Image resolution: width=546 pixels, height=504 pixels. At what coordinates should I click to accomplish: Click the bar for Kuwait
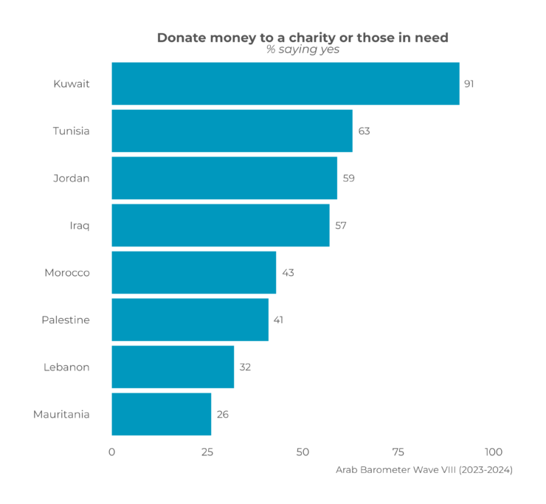coord(285,83)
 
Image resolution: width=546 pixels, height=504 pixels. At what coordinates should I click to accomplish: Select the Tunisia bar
coord(232,131)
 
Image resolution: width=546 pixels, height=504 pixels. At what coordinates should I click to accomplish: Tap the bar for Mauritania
coord(161,414)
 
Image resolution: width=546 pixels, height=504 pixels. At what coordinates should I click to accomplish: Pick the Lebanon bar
coord(173,367)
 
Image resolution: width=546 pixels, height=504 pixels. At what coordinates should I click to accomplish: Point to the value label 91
coord(469,83)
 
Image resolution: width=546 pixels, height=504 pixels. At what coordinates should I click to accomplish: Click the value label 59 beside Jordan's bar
coord(348,178)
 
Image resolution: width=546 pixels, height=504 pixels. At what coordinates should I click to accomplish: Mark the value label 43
coord(288,272)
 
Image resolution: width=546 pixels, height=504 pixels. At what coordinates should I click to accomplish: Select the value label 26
coord(222,414)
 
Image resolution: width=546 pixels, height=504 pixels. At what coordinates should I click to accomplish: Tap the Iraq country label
coord(79,225)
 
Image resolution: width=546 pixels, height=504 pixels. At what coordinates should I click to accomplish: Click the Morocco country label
coord(67,272)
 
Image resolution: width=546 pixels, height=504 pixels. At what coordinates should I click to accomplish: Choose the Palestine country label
coord(66,320)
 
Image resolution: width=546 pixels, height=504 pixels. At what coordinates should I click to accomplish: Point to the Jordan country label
coord(72,178)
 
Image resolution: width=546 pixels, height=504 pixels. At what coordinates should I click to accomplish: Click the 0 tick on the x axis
coord(112,452)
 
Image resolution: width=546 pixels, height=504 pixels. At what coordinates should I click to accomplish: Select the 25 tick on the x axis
coord(207,452)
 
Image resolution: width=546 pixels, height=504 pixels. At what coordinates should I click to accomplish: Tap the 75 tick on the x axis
coord(398,452)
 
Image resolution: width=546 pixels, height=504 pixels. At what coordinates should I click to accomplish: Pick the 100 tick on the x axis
coord(493,452)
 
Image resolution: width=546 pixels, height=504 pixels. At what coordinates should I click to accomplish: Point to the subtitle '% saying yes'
coord(303,50)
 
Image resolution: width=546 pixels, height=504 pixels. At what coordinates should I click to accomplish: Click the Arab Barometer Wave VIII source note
coord(424,469)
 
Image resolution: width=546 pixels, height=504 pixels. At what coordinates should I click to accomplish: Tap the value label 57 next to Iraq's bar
coord(341,225)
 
